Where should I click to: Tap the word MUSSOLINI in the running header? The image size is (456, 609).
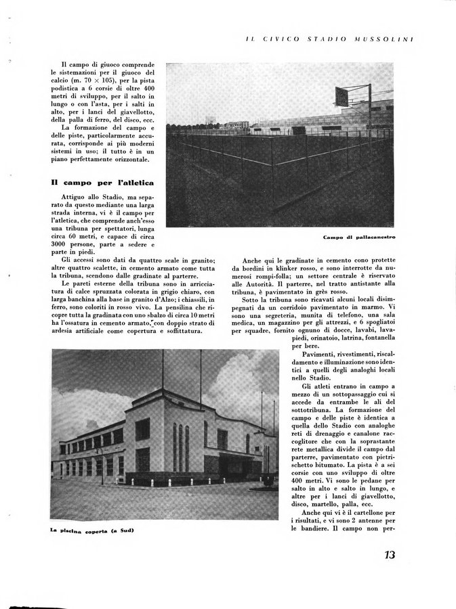coord(384,39)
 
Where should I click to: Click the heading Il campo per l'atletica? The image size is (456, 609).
coord(103,183)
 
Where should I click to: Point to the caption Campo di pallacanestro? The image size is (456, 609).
coord(359,238)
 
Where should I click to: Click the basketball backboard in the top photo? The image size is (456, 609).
coord(342,97)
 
